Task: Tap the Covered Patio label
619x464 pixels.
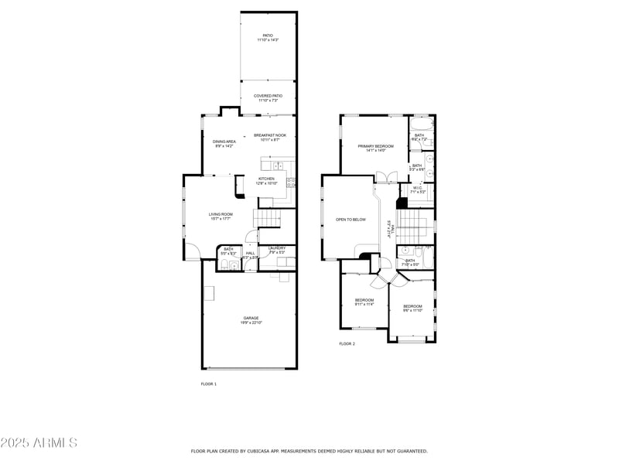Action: [268, 97]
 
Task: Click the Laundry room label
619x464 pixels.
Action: [277, 249]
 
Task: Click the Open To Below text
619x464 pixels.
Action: [351, 220]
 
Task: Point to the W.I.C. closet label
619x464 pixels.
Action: [417, 189]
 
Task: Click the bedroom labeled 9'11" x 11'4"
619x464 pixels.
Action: [364, 302]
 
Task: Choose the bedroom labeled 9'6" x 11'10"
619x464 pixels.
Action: [412, 309]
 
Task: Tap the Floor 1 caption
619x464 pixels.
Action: [209, 384]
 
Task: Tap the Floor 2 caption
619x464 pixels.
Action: [347, 343]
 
